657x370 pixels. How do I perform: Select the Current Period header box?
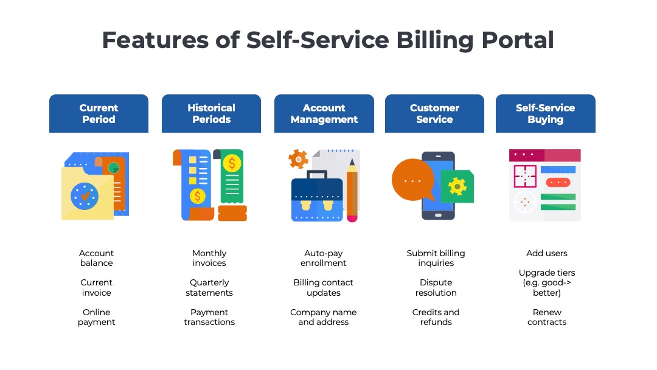point(99,114)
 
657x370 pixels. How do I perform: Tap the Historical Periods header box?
point(211,114)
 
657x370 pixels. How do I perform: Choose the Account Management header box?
point(324,114)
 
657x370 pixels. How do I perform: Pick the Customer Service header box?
point(434,114)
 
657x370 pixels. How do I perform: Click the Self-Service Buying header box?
point(545,114)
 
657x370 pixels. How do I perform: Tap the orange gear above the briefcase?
point(298,159)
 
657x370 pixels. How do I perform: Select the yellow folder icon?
point(87,193)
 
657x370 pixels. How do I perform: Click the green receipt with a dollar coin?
point(232,176)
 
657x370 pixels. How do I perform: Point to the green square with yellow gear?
point(457,186)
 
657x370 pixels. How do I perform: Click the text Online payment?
point(97,317)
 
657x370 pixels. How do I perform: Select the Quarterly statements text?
point(209,288)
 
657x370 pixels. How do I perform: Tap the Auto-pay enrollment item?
point(324,258)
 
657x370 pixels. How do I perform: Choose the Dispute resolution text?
point(436,288)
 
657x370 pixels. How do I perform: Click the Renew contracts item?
point(547,317)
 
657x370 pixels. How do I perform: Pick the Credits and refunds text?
point(436,317)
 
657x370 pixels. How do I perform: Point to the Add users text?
point(547,253)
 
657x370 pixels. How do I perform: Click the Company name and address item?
point(324,317)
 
